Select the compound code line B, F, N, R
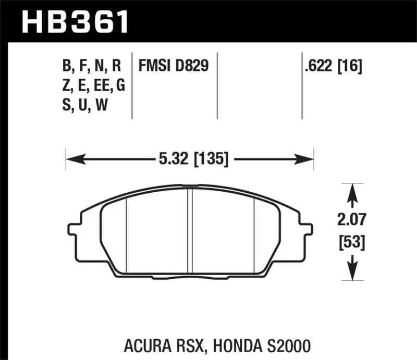click(91, 66)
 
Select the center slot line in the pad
click(191, 229)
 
